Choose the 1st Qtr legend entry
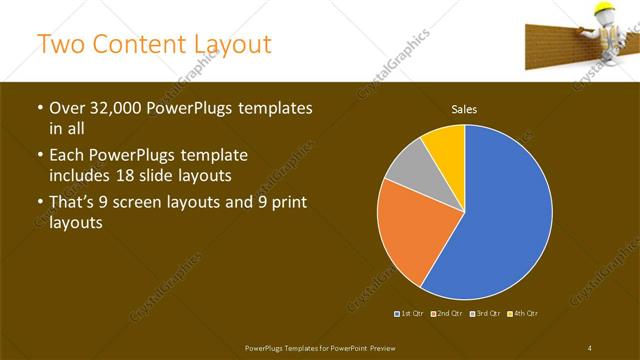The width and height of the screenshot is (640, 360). tap(410, 314)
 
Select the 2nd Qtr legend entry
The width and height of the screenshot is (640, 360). tap(448, 314)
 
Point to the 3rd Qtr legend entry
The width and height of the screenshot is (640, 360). tap(486, 314)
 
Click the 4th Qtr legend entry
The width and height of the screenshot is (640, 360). tap(524, 314)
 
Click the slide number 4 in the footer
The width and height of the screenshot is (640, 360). tap(590, 347)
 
